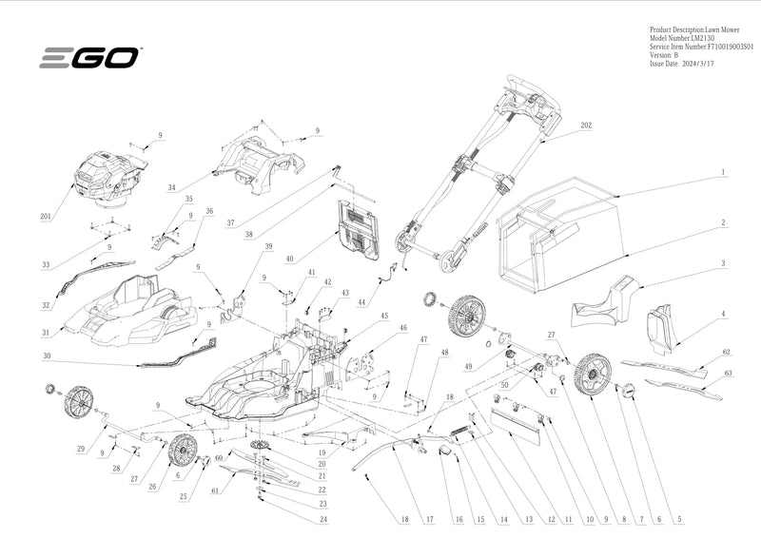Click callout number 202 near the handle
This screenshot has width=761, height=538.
pyautogui.click(x=586, y=125)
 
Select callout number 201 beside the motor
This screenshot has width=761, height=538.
pyautogui.click(x=45, y=217)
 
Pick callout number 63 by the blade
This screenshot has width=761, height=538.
pyautogui.click(x=728, y=375)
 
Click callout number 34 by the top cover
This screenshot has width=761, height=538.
pyautogui.click(x=172, y=188)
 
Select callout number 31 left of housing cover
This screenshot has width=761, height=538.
pyautogui.click(x=45, y=333)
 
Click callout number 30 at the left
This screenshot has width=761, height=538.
pyautogui.click(x=45, y=356)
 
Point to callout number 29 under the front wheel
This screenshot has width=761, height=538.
pyautogui.click(x=81, y=448)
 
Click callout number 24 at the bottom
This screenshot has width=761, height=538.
pyautogui.click(x=323, y=520)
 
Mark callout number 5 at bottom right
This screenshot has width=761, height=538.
pyautogui.click(x=679, y=520)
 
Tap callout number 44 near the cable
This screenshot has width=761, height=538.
pyautogui.click(x=362, y=302)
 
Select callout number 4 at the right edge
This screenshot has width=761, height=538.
pyautogui.click(x=723, y=314)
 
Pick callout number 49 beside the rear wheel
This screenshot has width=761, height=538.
pyautogui.click(x=468, y=366)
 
